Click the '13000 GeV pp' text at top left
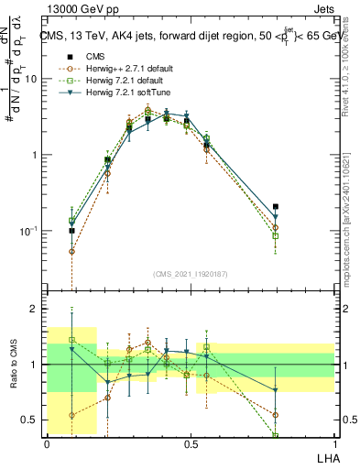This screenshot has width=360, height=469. point(75,8)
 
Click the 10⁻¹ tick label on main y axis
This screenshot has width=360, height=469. point(27,231)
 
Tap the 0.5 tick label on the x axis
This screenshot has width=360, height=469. point(190,444)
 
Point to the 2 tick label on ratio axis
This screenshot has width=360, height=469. point(33,310)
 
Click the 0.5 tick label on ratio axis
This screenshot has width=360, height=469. point(29,420)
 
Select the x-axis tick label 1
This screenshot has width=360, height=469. point(333,444)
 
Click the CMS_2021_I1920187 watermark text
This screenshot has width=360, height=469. point(191,273)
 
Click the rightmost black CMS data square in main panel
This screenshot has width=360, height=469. point(276,207)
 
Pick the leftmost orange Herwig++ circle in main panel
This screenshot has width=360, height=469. point(72,251)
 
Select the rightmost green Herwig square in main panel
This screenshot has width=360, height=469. point(276,236)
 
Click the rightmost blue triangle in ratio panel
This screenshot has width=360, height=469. point(276,390)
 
